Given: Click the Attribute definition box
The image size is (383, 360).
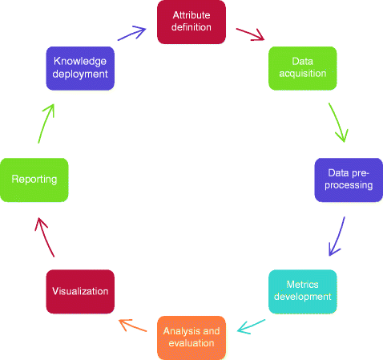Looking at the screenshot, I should pos(191,22).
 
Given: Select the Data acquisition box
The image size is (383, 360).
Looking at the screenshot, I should pos(302,68).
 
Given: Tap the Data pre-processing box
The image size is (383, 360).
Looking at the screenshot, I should pos(348,179).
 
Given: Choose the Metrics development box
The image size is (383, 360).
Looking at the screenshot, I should pos(302,290).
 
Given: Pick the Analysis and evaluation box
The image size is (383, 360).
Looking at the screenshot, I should pos(190,337).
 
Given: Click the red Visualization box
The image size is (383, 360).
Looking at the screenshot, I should pos(79,290).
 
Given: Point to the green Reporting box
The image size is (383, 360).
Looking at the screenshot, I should pos(34,180).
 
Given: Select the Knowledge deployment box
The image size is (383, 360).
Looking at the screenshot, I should pos(80,67).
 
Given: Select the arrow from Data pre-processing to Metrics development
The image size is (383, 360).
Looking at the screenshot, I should pos(337,237).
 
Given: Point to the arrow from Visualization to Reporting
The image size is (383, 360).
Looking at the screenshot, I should pos(45,237).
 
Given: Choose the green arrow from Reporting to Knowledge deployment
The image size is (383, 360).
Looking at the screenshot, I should pos(45,122).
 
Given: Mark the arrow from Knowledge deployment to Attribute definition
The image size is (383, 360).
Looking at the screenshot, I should pos(131,33).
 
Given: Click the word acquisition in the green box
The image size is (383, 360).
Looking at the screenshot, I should pos(302,74).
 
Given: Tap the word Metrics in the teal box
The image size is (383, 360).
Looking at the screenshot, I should pos(302,285).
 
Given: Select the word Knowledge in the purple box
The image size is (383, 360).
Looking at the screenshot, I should pos(80,61).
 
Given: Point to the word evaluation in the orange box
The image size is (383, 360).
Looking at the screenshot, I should pos(190,343).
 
